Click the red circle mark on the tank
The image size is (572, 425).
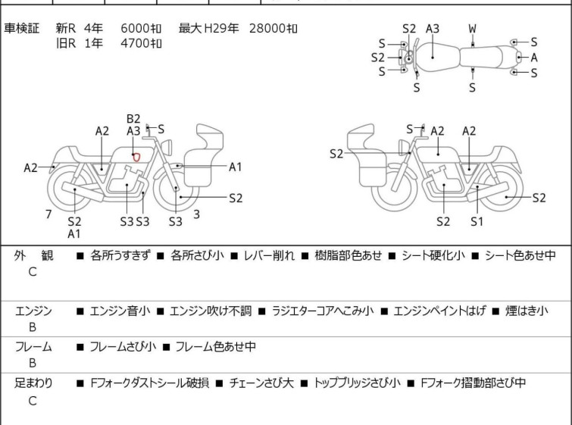[x=136, y=157]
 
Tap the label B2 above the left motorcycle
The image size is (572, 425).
[x=133, y=118]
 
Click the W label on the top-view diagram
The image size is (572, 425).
[x=472, y=29]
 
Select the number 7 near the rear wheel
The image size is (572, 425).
[x=48, y=214]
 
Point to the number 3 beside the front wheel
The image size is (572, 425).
[x=196, y=214]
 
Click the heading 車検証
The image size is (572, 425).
[x=22, y=29]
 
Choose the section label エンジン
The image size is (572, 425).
[x=33, y=311]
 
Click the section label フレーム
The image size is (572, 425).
[x=33, y=347]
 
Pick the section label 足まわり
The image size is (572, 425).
[x=33, y=383]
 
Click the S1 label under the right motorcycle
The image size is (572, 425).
[x=477, y=221]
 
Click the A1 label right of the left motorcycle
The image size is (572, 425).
[x=236, y=167]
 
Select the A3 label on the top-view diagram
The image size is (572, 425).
[x=433, y=29]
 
